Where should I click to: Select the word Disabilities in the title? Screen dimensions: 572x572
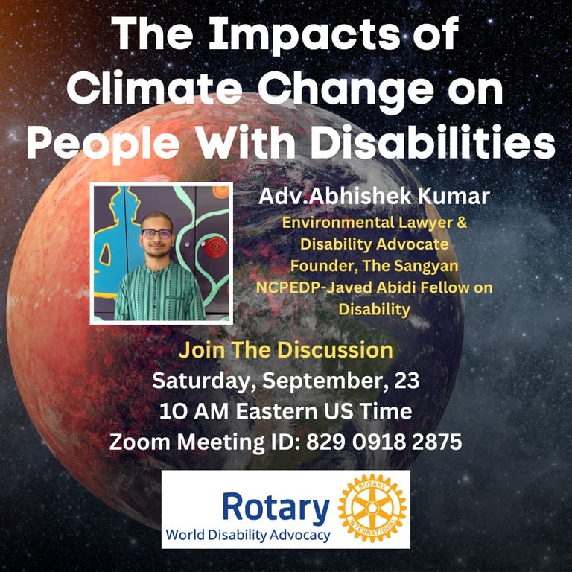point(433,142)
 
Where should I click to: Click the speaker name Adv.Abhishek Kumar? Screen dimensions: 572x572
point(374,197)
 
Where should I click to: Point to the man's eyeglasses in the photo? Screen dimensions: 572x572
point(157,233)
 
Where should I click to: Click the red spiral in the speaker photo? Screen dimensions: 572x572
point(215,248)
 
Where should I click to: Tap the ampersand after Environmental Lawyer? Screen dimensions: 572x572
point(462,222)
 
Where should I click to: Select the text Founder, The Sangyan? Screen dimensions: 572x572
point(375,266)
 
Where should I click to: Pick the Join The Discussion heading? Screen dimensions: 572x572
point(286,350)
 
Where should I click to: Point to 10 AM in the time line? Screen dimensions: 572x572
point(194,411)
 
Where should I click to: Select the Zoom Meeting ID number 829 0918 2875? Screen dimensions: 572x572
point(384,442)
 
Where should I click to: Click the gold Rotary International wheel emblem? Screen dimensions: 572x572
point(372,508)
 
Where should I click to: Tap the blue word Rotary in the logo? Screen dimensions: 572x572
point(276,508)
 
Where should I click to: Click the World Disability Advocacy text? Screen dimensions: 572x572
point(248,536)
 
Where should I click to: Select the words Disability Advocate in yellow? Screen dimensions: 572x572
point(375,244)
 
